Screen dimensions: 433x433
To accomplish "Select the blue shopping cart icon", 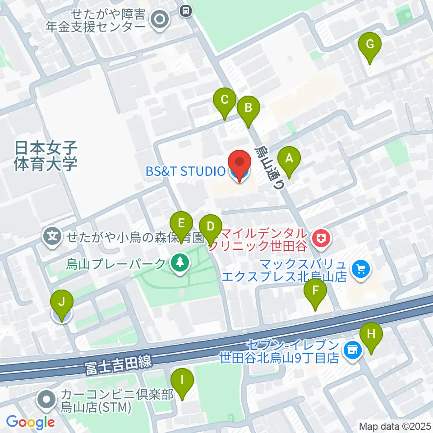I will pos(361,270).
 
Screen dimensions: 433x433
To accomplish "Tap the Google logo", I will pos(31,422).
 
